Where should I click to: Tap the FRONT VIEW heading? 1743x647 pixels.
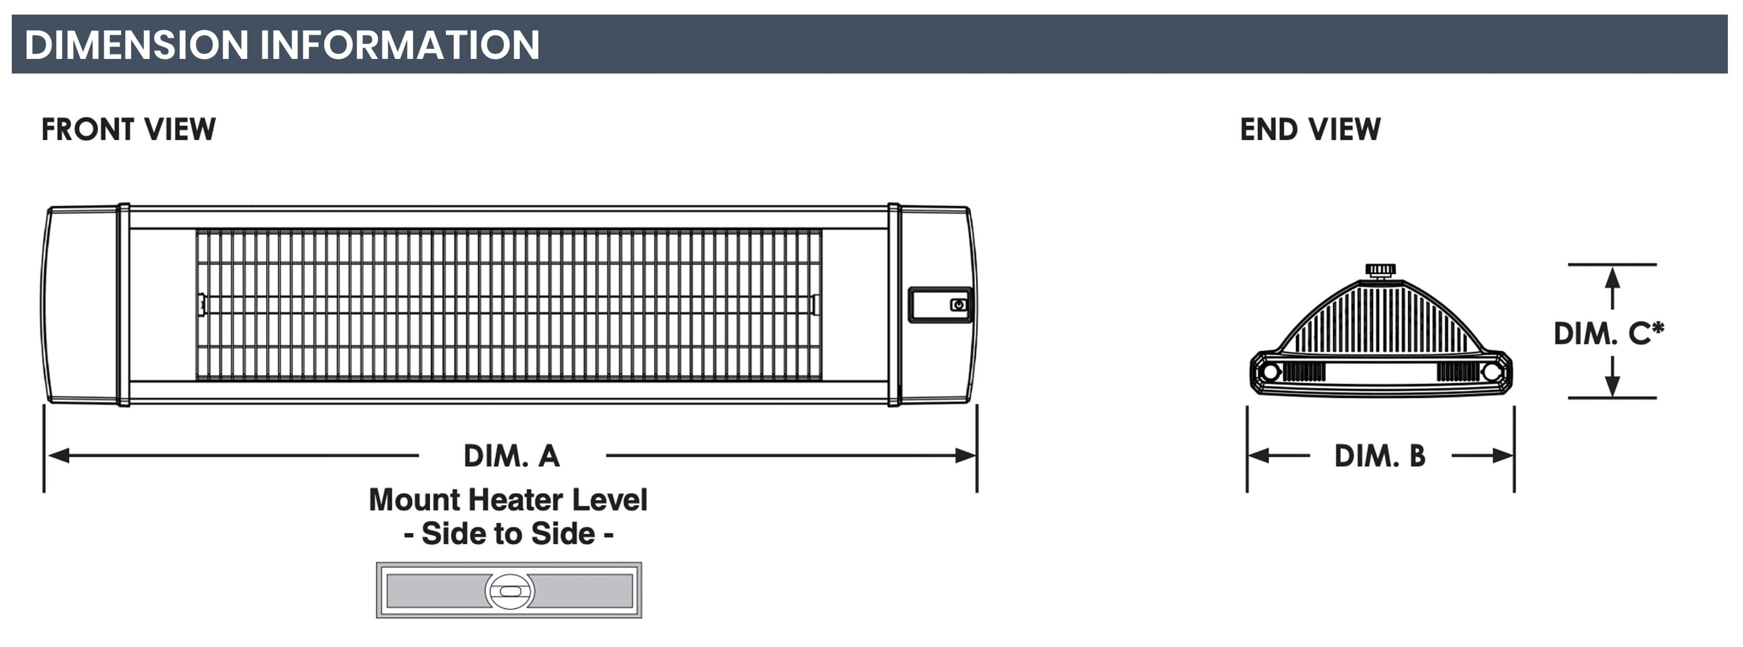[128, 129]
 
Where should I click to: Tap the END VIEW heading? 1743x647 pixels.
[1310, 129]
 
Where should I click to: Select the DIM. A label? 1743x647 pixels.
[511, 456]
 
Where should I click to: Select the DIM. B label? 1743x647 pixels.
[1380, 456]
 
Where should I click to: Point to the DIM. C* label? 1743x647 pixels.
[1608, 333]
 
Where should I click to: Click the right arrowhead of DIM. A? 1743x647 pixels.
[966, 456]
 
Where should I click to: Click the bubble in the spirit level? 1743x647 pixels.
[510, 591]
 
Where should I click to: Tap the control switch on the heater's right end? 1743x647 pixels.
[958, 305]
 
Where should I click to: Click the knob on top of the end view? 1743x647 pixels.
[1380, 270]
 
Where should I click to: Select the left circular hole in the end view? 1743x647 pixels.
[1270, 371]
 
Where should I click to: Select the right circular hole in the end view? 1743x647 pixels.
[1491, 371]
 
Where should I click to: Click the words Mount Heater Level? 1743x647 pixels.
[508, 500]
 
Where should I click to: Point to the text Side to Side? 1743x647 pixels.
[508, 534]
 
